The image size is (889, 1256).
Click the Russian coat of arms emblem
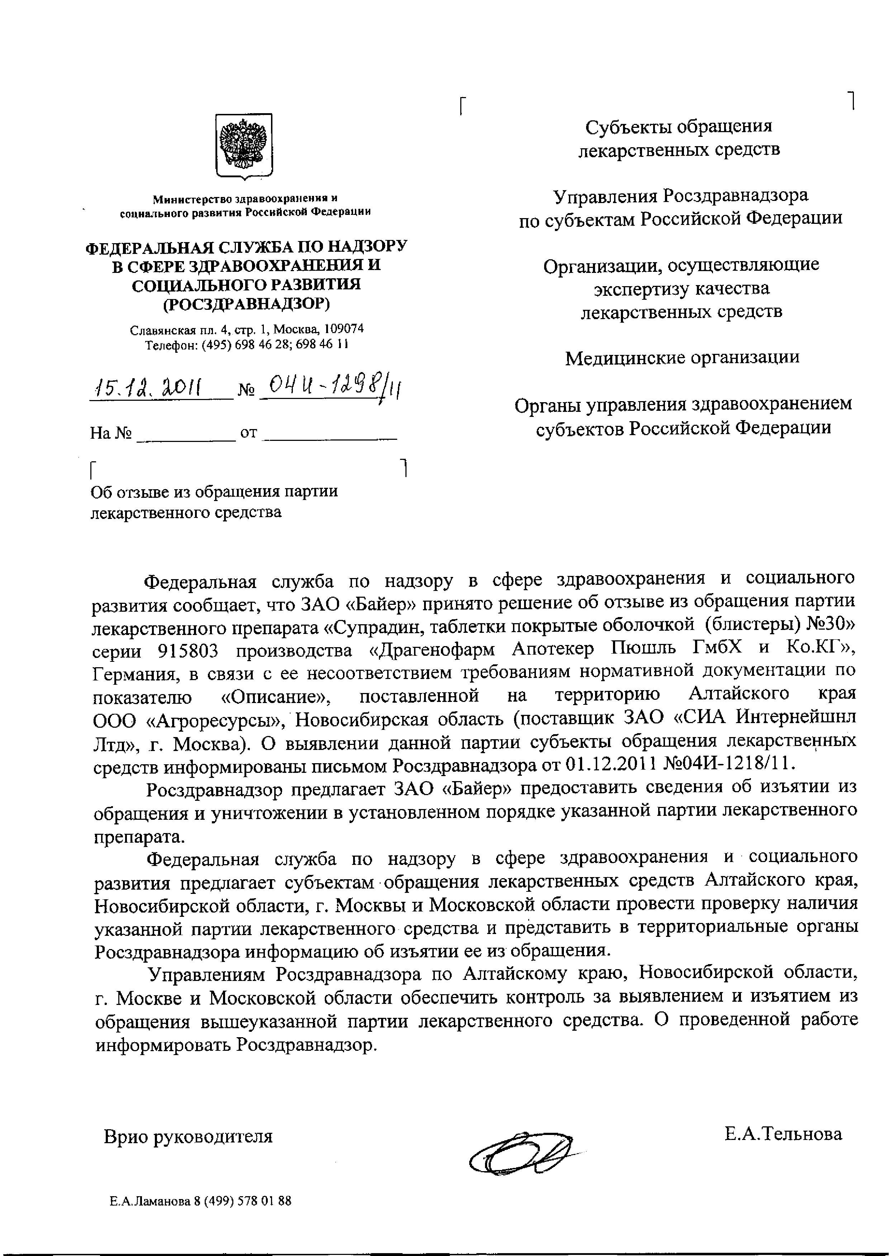coord(244,145)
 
